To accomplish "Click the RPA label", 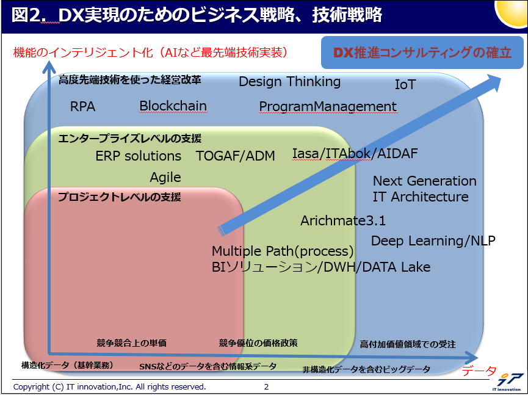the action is [82, 106].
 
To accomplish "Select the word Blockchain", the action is [173, 106].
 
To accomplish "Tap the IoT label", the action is [405, 84].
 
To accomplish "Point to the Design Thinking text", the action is [289, 82].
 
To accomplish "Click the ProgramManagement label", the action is [328, 106].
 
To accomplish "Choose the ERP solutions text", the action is [139, 156].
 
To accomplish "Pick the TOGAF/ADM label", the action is [236, 156].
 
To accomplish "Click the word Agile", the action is [165, 178].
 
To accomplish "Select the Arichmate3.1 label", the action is [343, 220].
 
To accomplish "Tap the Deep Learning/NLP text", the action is [433, 241].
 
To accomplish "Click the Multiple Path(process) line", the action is [283, 251].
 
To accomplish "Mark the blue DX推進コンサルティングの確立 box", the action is [422, 53].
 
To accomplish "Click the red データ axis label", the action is [479, 371].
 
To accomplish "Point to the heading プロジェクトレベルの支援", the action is [120, 197].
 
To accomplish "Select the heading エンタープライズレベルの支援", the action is [129, 139].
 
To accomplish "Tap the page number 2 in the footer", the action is [266, 386].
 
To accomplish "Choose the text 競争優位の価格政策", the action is [258, 343].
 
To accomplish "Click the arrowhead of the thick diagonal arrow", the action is [493, 83].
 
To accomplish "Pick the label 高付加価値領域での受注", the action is [408, 344].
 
